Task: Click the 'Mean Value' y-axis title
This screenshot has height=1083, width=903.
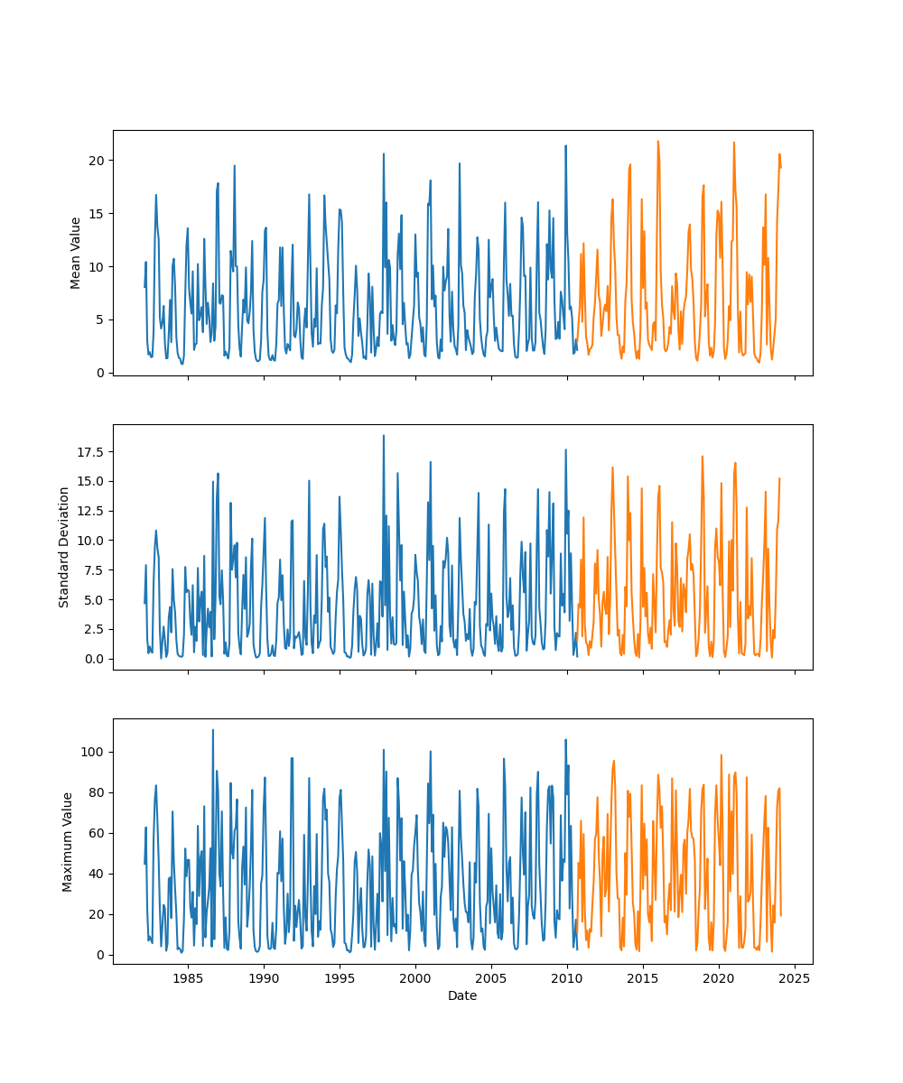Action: pos(76,253)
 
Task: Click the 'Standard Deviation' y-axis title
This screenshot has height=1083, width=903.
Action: pos(64,547)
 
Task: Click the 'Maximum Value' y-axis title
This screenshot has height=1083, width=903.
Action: pos(67,841)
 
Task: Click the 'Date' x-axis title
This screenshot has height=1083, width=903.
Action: pos(462,995)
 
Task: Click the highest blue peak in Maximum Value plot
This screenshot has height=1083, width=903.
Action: pos(213,730)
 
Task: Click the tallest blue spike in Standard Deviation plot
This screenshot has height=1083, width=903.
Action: pos(383,436)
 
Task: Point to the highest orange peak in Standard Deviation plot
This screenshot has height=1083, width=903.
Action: pos(703,457)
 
